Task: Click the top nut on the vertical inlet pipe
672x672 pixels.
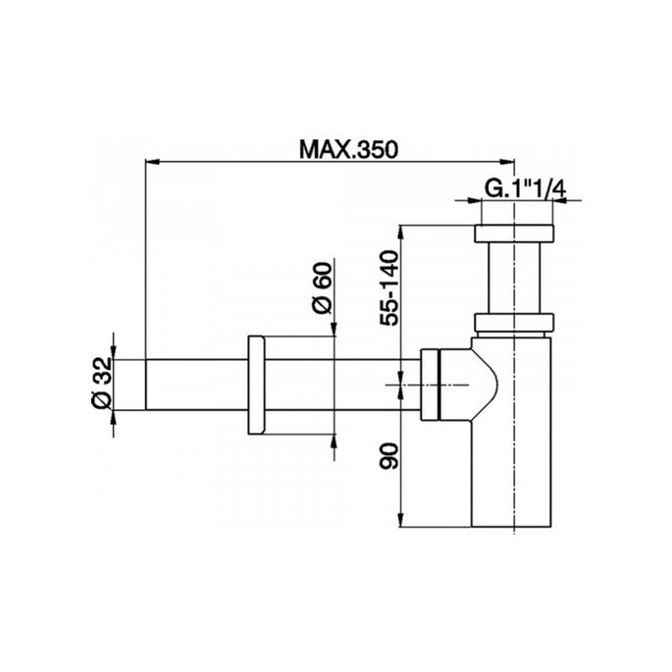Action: click(x=514, y=234)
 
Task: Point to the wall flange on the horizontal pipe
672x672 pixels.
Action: click(x=258, y=387)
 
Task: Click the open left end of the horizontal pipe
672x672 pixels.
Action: click(x=148, y=387)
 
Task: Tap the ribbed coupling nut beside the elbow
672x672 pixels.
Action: click(x=432, y=387)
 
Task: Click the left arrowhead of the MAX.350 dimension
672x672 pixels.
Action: click(x=150, y=162)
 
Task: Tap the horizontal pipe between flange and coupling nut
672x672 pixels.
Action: click(x=334, y=387)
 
